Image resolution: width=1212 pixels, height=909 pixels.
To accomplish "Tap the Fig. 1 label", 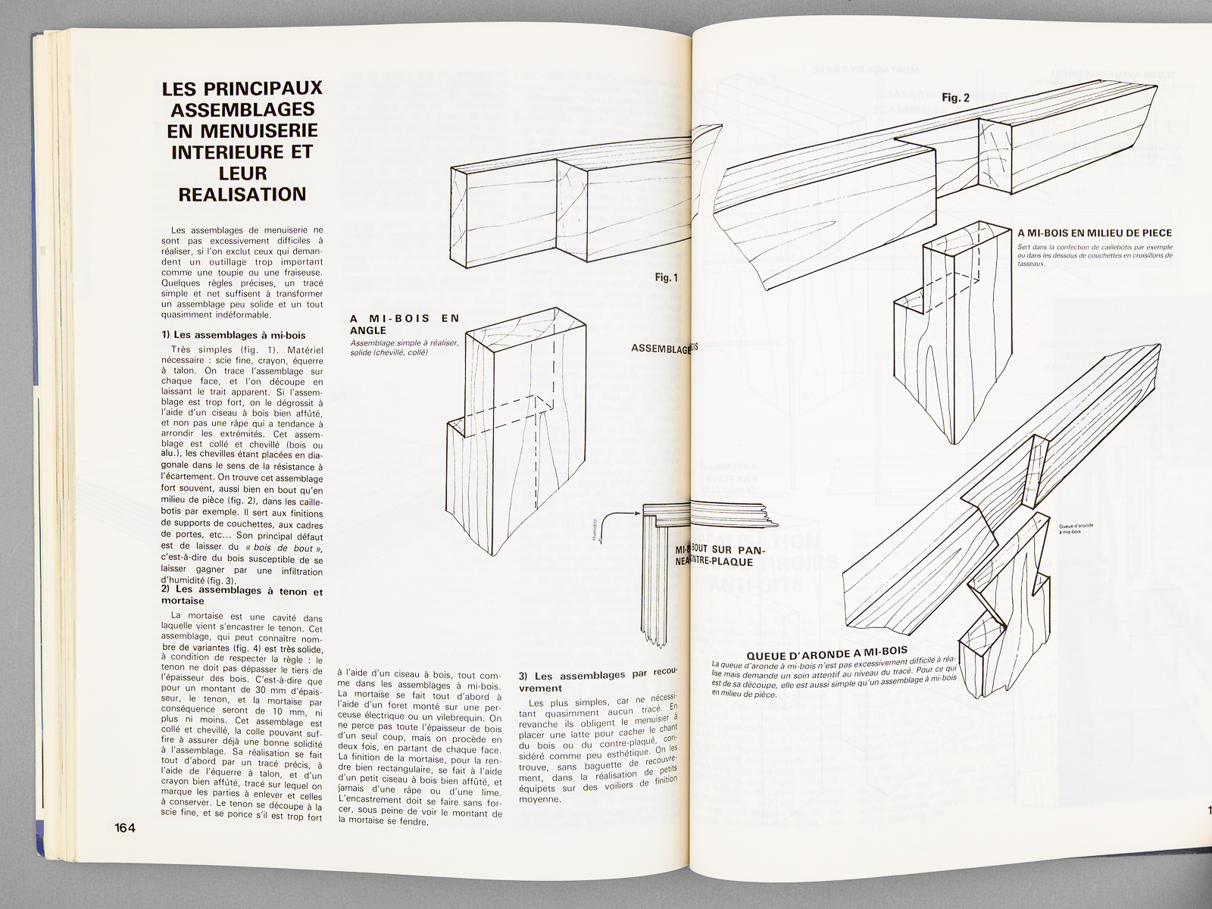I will point(666,278).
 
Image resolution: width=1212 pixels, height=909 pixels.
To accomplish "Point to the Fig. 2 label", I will point(955,98).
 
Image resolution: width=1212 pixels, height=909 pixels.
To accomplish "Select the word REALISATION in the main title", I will point(242,194).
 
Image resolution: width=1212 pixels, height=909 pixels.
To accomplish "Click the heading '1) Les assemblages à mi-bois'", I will point(233,335).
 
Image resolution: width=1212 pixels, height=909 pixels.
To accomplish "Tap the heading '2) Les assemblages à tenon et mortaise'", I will point(242,595).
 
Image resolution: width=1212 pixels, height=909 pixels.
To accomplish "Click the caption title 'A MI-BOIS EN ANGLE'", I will point(405,324).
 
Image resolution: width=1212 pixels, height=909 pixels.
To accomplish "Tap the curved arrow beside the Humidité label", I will point(621,516).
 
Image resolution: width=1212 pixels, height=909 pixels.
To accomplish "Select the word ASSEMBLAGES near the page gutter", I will point(661,349).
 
